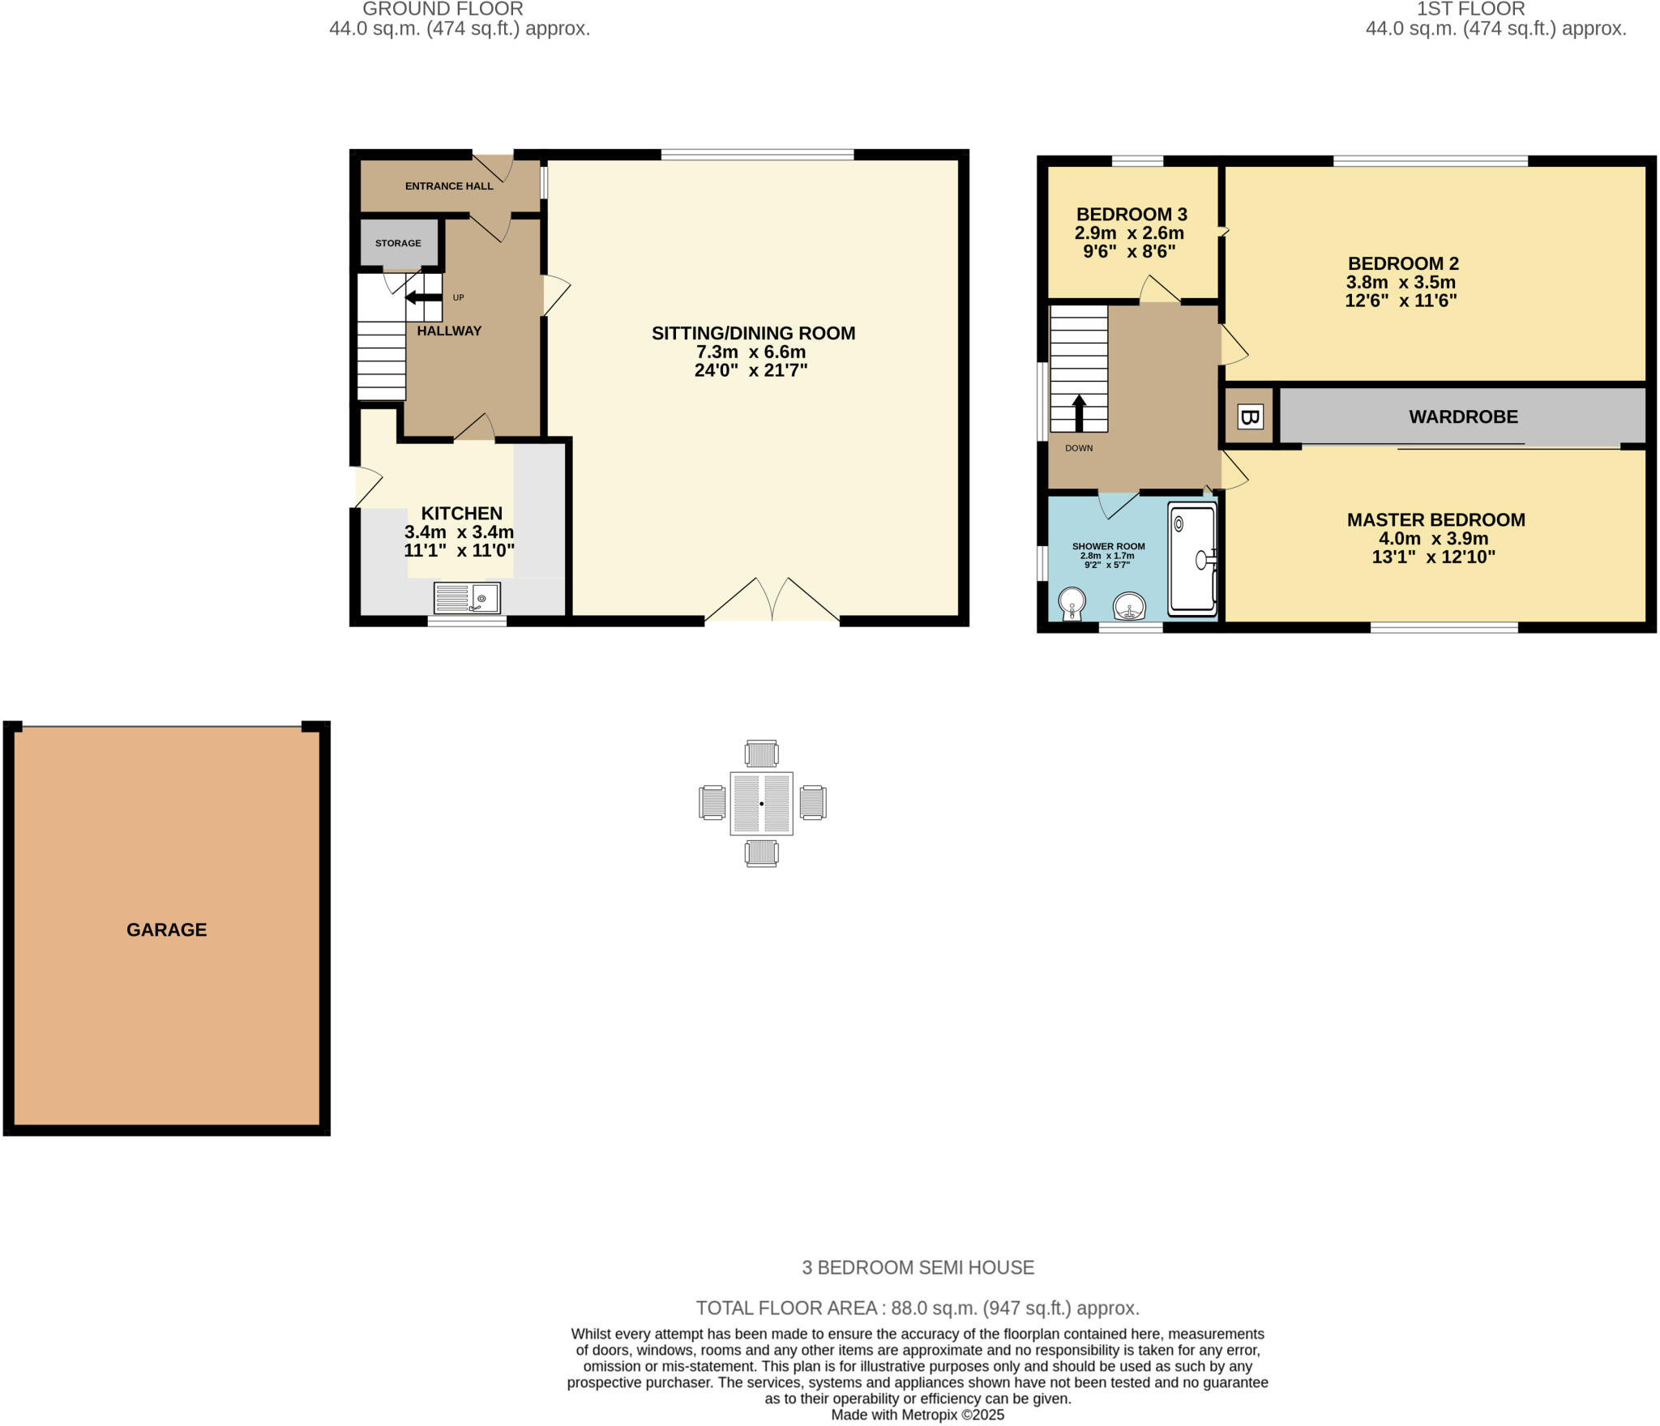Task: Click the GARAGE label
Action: coord(166,929)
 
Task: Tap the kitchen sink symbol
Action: coord(467,599)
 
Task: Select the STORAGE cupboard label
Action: coord(398,243)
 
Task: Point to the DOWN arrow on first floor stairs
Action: coord(1079,412)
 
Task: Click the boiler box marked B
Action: coord(1249,417)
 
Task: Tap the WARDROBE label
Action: coord(1463,416)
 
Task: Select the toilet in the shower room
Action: coord(1072,604)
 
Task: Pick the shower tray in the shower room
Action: coord(1192,559)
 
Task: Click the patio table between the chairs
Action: coord(761,803)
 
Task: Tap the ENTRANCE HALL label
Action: coord(449,186)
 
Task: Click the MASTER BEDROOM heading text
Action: coord(1435,520)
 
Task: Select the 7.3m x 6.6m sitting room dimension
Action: coord(751,352)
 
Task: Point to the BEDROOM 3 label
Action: coord(1132,215)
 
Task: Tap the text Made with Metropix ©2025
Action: coord(917,1415)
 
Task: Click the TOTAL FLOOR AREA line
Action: coord(917,1308)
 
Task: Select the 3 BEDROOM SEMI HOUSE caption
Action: coord(918,1267)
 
